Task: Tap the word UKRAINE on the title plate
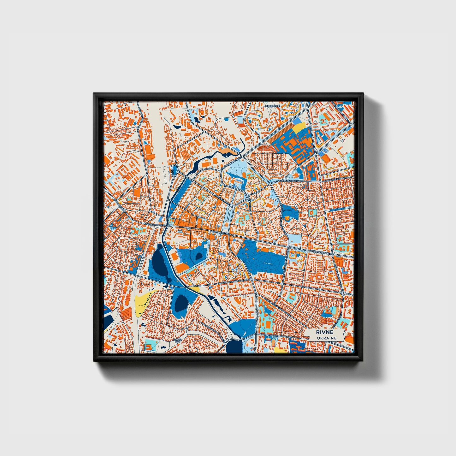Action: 326,338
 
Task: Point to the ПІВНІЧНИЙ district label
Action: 273,106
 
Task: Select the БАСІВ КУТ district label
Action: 177,341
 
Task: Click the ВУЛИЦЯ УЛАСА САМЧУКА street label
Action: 288,182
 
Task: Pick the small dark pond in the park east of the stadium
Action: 199,256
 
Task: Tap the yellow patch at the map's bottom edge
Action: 279,350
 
